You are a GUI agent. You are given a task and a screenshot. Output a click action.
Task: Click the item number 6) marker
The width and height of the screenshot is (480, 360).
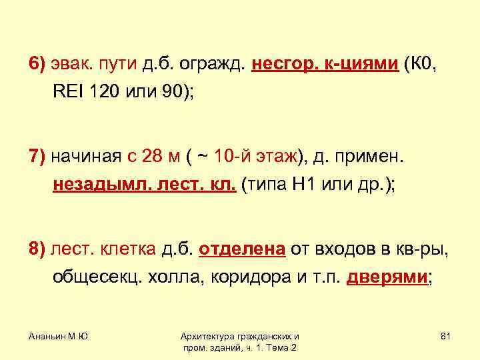(x=36, y=64)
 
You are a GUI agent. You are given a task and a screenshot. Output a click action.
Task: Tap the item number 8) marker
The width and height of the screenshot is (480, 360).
(x=36, y=249)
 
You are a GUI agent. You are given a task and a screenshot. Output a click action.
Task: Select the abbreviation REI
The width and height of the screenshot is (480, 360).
(x=66, y=92)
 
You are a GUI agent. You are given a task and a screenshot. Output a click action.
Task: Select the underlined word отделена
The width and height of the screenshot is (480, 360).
(x=242, y=249)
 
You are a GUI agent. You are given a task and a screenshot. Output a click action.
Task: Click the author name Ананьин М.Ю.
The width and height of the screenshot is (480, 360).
(x=60, y=337)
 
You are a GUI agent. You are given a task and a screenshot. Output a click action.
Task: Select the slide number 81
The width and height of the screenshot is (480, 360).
(x=446, y=337)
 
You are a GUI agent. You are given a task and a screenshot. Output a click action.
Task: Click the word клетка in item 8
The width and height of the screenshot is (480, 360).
(x=129, y=249)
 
